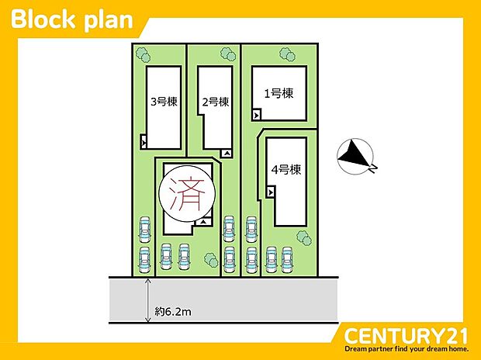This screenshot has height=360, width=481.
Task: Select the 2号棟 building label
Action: (215, 101)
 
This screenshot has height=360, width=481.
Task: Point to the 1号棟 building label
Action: (279, 94)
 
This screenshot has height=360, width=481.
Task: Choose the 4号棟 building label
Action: (286, 170)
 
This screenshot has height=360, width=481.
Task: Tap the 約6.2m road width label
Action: (173, 311)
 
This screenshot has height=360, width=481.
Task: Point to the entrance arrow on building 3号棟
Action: (144, 141)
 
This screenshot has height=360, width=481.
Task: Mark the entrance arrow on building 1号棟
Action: (257, 115)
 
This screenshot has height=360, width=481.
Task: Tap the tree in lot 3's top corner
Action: (141, 54)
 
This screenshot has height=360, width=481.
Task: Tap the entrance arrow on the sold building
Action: (202, 222)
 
